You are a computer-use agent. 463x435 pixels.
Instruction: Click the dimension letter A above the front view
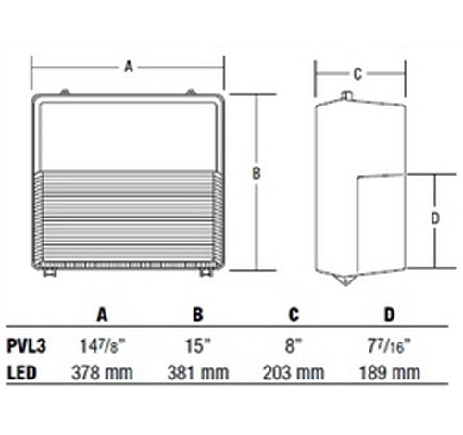[129, 66]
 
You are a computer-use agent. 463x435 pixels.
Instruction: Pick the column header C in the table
[293, 315]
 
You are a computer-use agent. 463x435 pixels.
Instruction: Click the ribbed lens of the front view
[129, 217]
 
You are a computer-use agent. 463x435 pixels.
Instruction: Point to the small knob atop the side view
[345, 95]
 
